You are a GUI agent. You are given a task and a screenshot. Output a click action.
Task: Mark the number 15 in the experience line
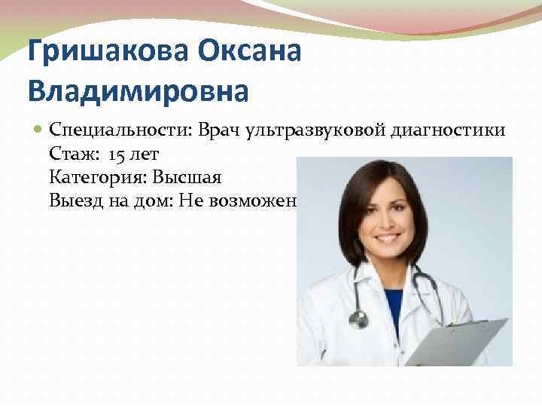117,155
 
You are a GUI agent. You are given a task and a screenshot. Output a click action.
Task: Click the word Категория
97,178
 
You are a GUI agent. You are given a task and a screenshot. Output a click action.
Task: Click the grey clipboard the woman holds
452,339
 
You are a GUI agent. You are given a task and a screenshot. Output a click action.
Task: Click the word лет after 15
145,155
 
